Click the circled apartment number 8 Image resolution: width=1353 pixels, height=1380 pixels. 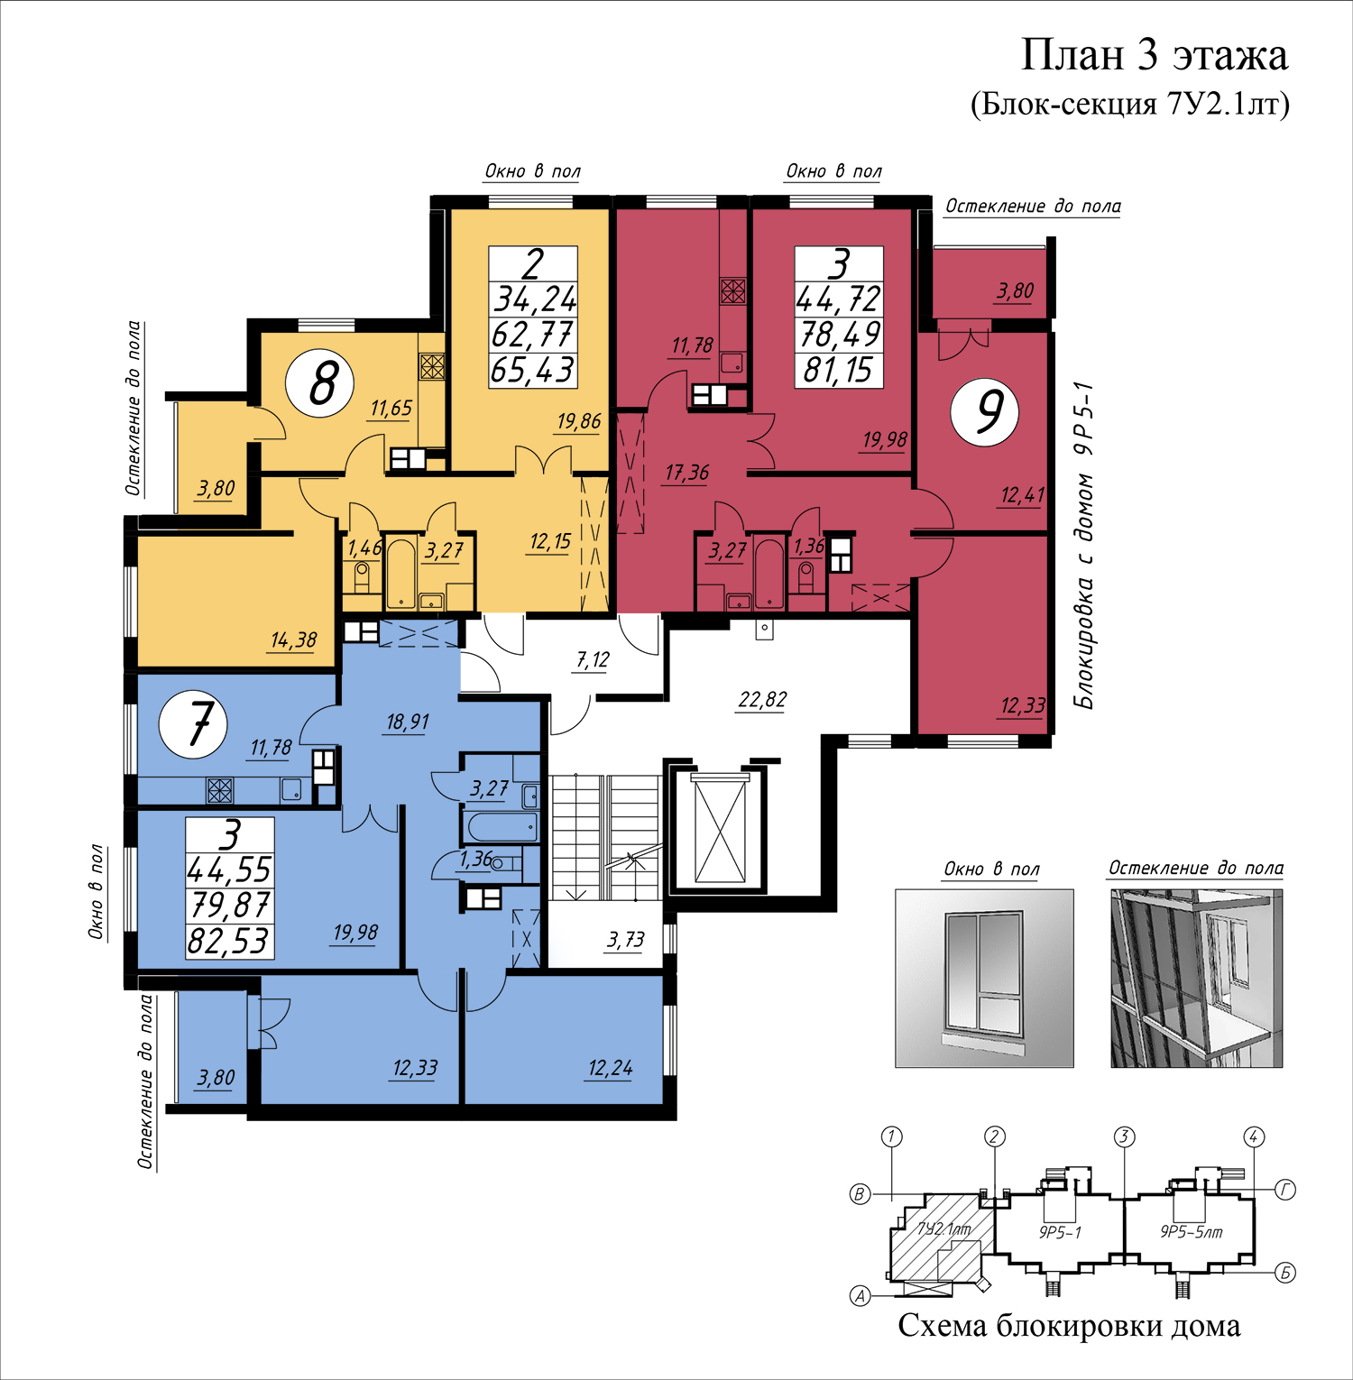click(x=319, y=382)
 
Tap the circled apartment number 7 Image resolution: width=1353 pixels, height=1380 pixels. click(x=193, y=723)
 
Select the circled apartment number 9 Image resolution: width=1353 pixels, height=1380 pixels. click(x=985, y=412)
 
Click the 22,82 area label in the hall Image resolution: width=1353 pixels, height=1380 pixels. click(x=762, y=700)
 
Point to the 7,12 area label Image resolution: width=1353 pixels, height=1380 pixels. click(x=593, y=660)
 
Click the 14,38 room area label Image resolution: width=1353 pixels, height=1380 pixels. click(x=293, y=640)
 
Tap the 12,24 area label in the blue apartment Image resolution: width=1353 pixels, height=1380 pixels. click(x=610, y=1069)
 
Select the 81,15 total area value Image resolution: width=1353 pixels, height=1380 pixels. click(x=838, y=370)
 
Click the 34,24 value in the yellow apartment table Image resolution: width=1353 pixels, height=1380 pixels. click(x=533, y=299)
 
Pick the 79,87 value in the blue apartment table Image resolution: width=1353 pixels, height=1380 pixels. click(x=229, y=905)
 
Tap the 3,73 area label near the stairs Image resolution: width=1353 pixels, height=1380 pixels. click(x=625, y=940)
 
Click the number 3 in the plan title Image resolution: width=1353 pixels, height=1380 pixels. click(x=1147, y=56)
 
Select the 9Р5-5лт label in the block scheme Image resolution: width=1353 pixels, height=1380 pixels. click(x=1191, y=1232)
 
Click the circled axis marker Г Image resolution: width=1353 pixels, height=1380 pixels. click(x=1285, y=1191)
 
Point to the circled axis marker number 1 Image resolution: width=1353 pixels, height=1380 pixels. click(x=891, y=1136)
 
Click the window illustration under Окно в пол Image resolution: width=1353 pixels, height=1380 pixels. click(x=984, y=978)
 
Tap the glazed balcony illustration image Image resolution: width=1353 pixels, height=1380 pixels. click(x=1196, y=978)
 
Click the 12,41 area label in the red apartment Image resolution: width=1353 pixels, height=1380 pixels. click(x=1022, y=495)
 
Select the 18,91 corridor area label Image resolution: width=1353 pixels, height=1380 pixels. click(x=408, y=722)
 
